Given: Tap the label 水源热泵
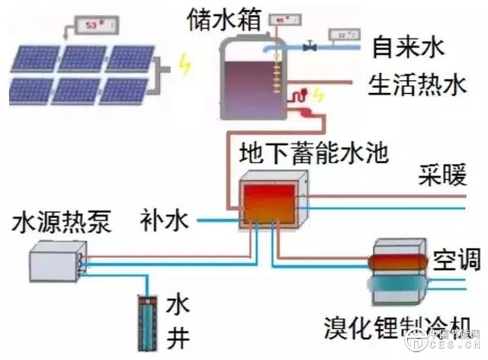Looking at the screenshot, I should (62, 222).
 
